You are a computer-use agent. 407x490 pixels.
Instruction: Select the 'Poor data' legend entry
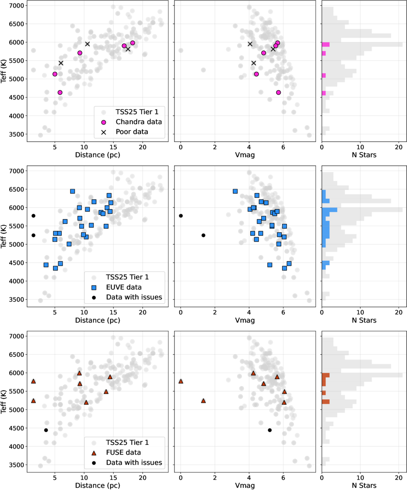(x=132, y=132)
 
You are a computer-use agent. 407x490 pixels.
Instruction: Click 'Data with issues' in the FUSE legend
(x=134, y=463)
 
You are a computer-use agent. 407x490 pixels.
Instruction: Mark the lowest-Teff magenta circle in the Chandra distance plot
(x=60, y=93)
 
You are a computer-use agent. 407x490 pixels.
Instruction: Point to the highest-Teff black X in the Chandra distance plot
(x=87, y=44)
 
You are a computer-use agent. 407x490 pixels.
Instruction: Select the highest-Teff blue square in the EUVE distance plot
(x=73, y=191)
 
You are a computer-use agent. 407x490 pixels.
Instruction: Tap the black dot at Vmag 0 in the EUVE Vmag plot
(x=181, y=216)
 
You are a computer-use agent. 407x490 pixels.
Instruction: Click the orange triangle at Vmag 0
(x=181, y=381)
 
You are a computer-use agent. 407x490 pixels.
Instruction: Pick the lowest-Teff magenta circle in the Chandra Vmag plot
(x=278, y=93)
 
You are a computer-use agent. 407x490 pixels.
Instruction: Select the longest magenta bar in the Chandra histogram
(x=326, y=44)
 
